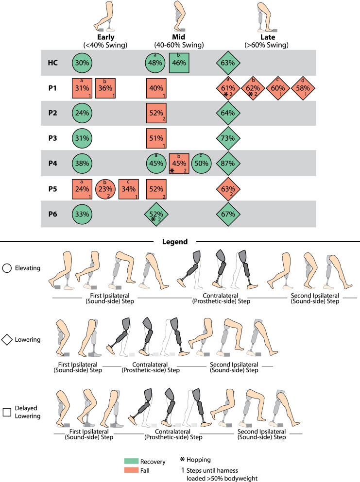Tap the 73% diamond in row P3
click(x=228, y=138)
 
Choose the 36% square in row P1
click(x=107, y=88)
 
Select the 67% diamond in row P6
click(x=228, y=213)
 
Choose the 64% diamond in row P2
click(x=228, y=113)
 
